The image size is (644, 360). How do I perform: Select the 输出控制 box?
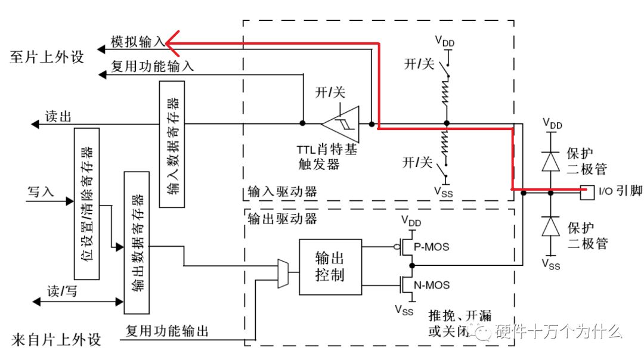[330, 266]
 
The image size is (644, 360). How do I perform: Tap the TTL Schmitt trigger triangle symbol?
[340, 124]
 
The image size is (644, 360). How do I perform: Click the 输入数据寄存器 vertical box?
[172, 144]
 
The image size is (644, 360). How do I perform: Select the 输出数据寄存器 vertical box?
[137, 242]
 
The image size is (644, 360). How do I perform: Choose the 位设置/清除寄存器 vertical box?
[86, 203]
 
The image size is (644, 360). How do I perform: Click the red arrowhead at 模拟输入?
[170, 42]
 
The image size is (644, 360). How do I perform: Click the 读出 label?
[58, 116]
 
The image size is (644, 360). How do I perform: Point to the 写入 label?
[41, 192]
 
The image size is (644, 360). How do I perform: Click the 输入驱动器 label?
[281, 193]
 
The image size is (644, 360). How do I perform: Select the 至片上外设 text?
[47, 57]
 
